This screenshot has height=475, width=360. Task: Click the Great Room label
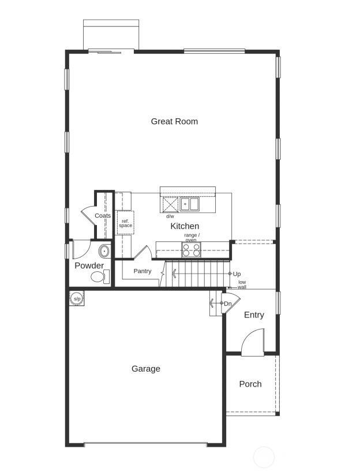tap(174, 121)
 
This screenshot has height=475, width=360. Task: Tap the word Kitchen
tap(185, 226)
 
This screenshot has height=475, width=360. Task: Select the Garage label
tap(146, 369)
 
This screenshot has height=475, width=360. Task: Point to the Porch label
tap(250, 384)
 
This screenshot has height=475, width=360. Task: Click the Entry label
tap(254, 315)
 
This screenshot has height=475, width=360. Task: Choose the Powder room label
tap(89, 265)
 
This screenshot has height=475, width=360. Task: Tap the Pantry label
tap(142, 271)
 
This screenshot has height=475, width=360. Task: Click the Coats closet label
tap(103, 215)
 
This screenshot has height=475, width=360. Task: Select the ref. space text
tap(125, 223)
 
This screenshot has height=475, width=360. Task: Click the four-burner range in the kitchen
tap(192, 249)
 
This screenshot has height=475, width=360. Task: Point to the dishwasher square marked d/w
tap(170, 205)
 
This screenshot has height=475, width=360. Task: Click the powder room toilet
tap(99, 277)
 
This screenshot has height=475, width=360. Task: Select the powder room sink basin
tap(104, 251)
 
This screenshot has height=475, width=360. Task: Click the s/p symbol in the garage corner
tap(77, 299)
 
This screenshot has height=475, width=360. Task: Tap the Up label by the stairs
tap(237, 274)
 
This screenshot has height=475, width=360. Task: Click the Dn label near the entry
tap(228, 304)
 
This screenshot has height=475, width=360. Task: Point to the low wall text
tap(242, 285)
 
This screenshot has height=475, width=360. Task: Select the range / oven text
tap(192, 237)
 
